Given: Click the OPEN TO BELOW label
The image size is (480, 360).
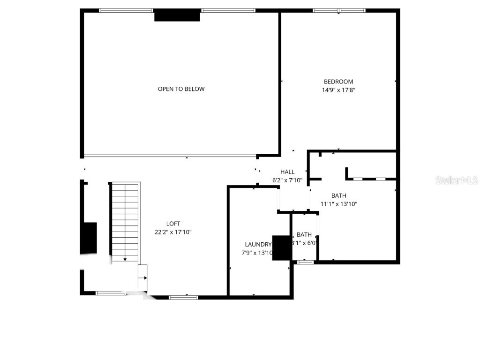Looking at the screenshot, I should [x=181, y=89].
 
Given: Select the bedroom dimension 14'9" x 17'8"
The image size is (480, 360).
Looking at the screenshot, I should [x=338, y=90].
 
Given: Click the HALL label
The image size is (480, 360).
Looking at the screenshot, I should [x=287, y=172].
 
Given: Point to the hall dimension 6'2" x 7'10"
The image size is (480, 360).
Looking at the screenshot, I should [x=287, y=180].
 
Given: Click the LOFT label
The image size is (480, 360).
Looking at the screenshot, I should [x=173, y=224].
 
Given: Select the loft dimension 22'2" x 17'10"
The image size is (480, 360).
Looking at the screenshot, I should [x=173, y=232].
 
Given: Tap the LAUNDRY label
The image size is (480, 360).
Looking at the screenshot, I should [x=258, y=244].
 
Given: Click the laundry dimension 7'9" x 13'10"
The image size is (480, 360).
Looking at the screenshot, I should [x=257, y=253].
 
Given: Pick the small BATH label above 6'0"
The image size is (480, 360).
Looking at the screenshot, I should [x=304, y=234].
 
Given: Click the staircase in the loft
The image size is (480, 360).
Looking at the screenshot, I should [x=125, y=220].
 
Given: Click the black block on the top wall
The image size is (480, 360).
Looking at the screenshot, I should [x=177, y=15].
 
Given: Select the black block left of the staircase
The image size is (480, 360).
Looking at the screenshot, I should [x=89, y=238].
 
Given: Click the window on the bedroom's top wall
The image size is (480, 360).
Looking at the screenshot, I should [x=339, y=10].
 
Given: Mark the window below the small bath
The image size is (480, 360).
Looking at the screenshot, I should [x=306, y=262].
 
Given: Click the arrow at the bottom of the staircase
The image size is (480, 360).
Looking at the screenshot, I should [x=125, y=259].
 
